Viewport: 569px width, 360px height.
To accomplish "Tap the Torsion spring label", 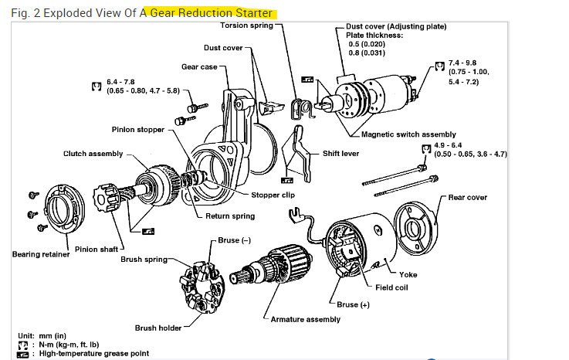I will coord(246,25).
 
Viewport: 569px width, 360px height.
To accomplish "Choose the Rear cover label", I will coord(468,197).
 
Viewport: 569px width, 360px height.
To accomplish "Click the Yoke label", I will coord(408,274).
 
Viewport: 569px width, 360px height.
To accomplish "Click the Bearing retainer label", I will coord(42,253).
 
